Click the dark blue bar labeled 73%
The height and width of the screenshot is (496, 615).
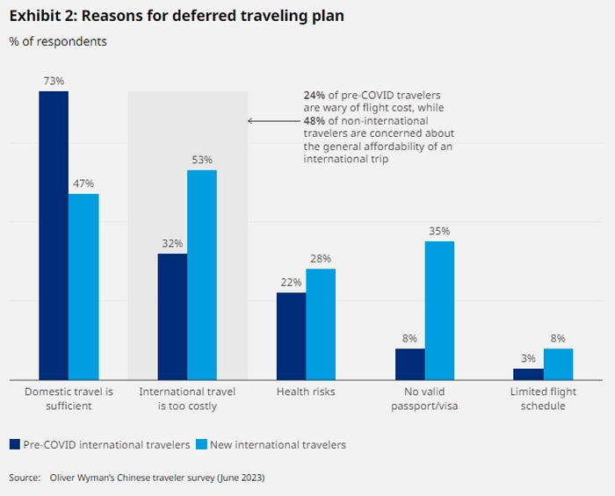(x=54, y=235)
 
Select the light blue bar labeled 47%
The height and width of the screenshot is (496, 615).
(x=83, y=286)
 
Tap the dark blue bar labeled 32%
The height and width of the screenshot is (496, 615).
(x=172, y=316)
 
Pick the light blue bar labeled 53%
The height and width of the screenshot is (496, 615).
(x=202, y=274)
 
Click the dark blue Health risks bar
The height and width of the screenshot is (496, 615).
(x=291, y=335)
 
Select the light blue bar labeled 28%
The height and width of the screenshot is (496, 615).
(x=321, y=324)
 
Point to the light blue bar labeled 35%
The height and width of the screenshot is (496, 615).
(x=439, y=310)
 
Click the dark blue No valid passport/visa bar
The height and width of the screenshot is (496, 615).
(x=409, y=363)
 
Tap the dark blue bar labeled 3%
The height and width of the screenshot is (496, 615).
(x=528, y=374)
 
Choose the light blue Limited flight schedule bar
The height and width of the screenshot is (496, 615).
(x=558, y=363)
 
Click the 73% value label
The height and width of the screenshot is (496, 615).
(x=54, y=81)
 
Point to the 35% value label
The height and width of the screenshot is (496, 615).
(x=439, y=231)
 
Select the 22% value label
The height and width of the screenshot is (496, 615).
(x=291, y=283)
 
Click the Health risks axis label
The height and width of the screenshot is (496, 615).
(x=306, y=392)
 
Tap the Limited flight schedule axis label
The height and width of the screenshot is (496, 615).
(x=543, y=399)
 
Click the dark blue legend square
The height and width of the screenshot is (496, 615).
(x=15, y=444)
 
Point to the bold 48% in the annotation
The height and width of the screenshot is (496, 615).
(x=315, y=119)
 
